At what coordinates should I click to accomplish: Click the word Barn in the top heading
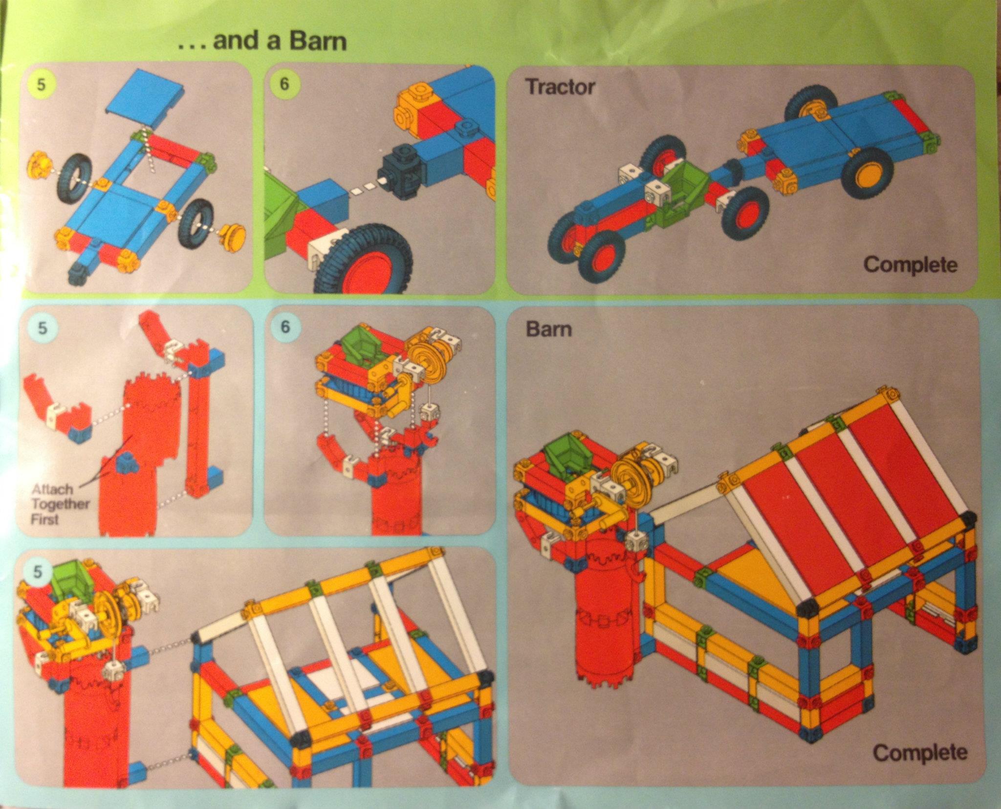coord(318,41)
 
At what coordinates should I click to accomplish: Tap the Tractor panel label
coord(561,87)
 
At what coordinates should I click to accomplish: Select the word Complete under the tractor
coord(910,265)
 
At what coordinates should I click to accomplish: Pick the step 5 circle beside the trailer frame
coord(41,85)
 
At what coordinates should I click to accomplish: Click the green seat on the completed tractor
coord(679,196)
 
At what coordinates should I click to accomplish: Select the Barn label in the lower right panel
coord(548,329)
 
